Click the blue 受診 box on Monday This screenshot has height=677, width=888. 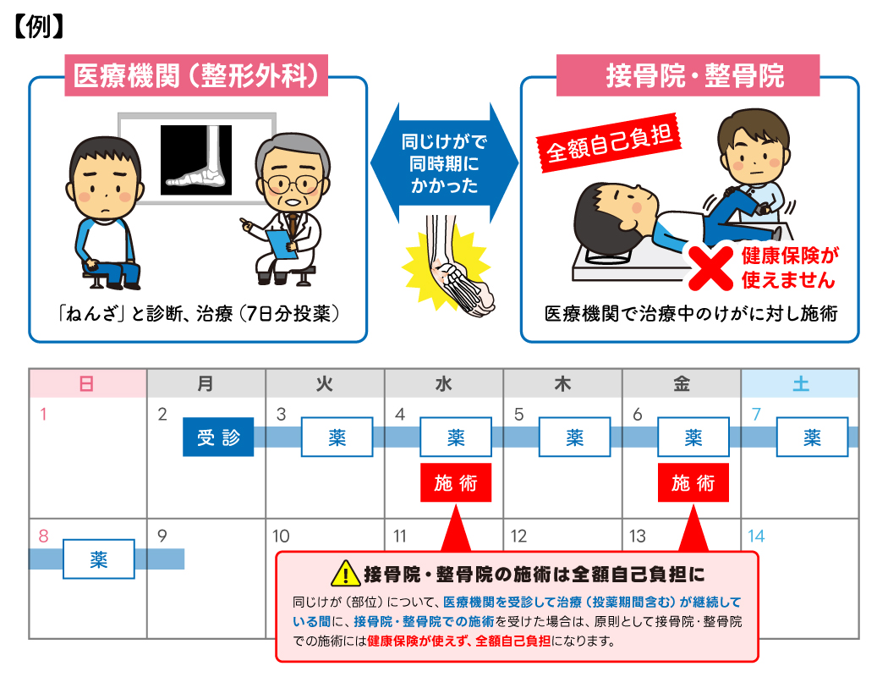click(x=218, y=437)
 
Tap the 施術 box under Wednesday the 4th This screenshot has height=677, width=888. click(x=456, y=483)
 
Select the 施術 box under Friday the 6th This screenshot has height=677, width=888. click(x=693, y=483)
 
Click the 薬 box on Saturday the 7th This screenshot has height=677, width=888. click(x=812, y=437)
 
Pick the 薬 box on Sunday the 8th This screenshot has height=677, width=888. click(x=99, y=559)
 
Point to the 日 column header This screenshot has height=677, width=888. click(x=87, y=384)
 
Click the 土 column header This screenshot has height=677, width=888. click(x=800, y=384)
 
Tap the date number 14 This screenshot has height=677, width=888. click(x=756, y=536)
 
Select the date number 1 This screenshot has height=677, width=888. click(x=44, y=415)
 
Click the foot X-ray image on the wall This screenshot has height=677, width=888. click(x=195, y=157)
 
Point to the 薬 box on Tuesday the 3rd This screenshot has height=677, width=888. click(x=337, y=437)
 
